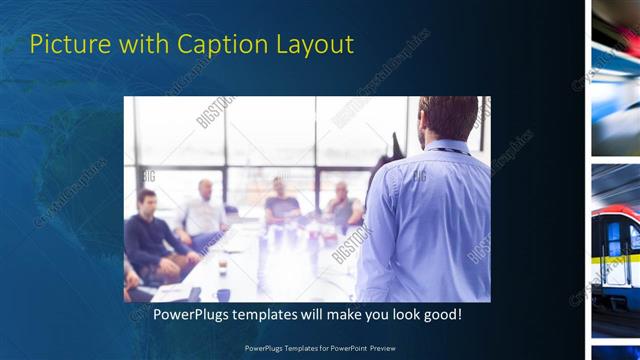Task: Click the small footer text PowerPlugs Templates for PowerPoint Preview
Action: tap(320, 348)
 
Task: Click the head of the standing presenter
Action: tap(447, 117)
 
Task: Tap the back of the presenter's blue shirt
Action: tap(425, 220)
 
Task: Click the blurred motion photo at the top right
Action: tap(616, 75)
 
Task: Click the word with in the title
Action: tap(140, 45)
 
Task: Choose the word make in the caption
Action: tap(325, 315)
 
